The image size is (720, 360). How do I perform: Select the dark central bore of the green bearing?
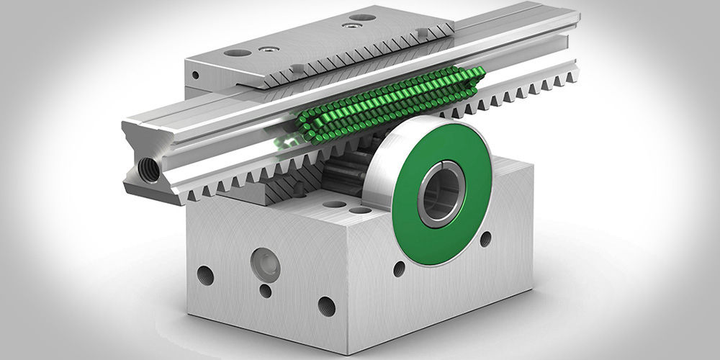pyautogui.click(x=441, y=194)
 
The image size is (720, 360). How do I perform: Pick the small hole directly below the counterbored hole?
pyautogui.click(x=266, y=291)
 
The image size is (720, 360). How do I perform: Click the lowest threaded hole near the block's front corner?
pyautogui.click(x=326, y=305)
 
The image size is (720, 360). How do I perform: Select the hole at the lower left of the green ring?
pyautogui.click(x=399, y=269)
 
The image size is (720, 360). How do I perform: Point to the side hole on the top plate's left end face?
pyautogui.click(x=194, y=75)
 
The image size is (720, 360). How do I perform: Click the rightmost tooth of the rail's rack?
pyautogui.click(x=572, y=73)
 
